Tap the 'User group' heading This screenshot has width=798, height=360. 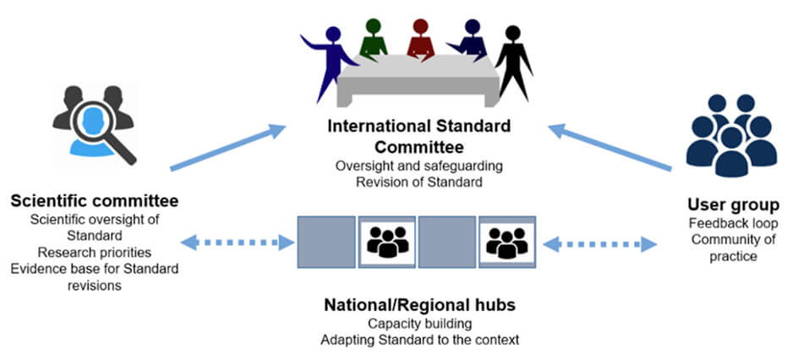point(733,205)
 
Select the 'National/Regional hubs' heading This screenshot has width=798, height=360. point(420,305)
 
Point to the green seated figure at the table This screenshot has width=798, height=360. point(373,39)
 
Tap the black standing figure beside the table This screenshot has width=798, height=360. point(512,59)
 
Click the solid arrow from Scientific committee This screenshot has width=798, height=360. point(227,148)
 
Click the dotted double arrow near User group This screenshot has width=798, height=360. point(600,244)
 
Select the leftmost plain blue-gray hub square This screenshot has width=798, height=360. point(326,243)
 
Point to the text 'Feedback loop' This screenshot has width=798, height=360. point(732,224)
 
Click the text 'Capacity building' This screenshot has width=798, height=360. point(419,323)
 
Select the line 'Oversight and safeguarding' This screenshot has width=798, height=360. point(419,165)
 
